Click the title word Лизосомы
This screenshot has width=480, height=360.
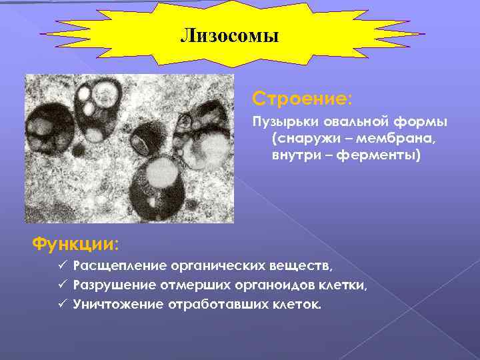point(229,35)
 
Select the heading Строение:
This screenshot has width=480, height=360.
point(302,99)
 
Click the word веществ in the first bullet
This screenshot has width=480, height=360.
point(303,267)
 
